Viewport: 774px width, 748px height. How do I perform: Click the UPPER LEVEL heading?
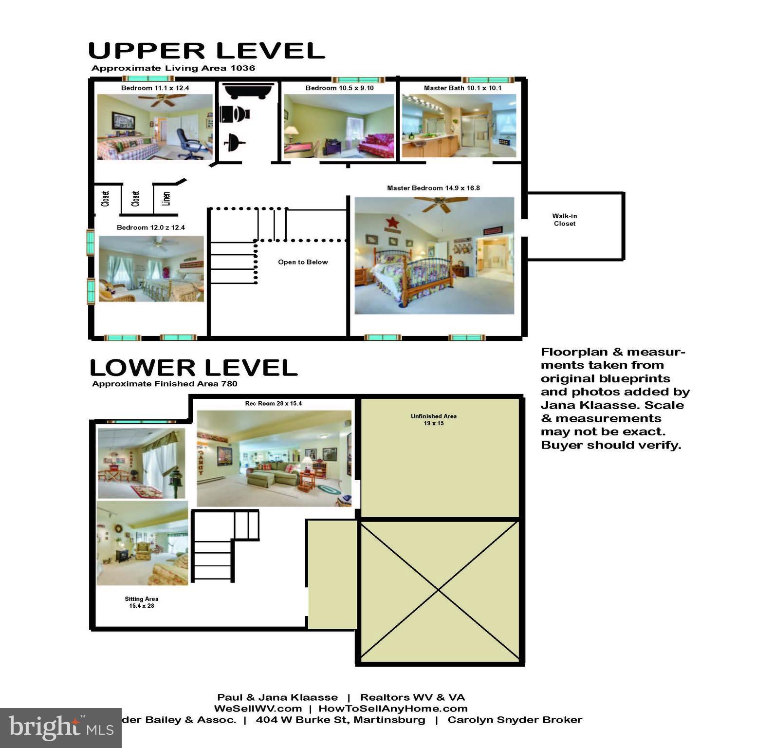[206, 51]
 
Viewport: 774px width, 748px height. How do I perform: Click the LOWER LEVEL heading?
[193, 368]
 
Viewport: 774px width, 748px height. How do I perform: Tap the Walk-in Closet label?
[564, 220]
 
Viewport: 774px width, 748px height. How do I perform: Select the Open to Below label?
[303, 262]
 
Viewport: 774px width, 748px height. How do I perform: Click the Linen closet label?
[166, 198]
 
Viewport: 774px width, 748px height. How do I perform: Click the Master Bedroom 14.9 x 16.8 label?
[433, 188]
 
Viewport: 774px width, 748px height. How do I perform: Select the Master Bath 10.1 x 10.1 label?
[462, 88]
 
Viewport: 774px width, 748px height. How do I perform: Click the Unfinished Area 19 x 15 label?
[433, 420]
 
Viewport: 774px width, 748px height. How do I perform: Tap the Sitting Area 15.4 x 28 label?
[141, 602]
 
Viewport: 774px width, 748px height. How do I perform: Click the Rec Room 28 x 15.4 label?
[273, 403]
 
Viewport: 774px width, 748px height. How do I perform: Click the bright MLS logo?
[61, 728]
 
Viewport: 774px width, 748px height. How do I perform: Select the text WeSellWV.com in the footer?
[258, 709]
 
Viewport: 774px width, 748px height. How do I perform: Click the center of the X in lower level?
[439, 590]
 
